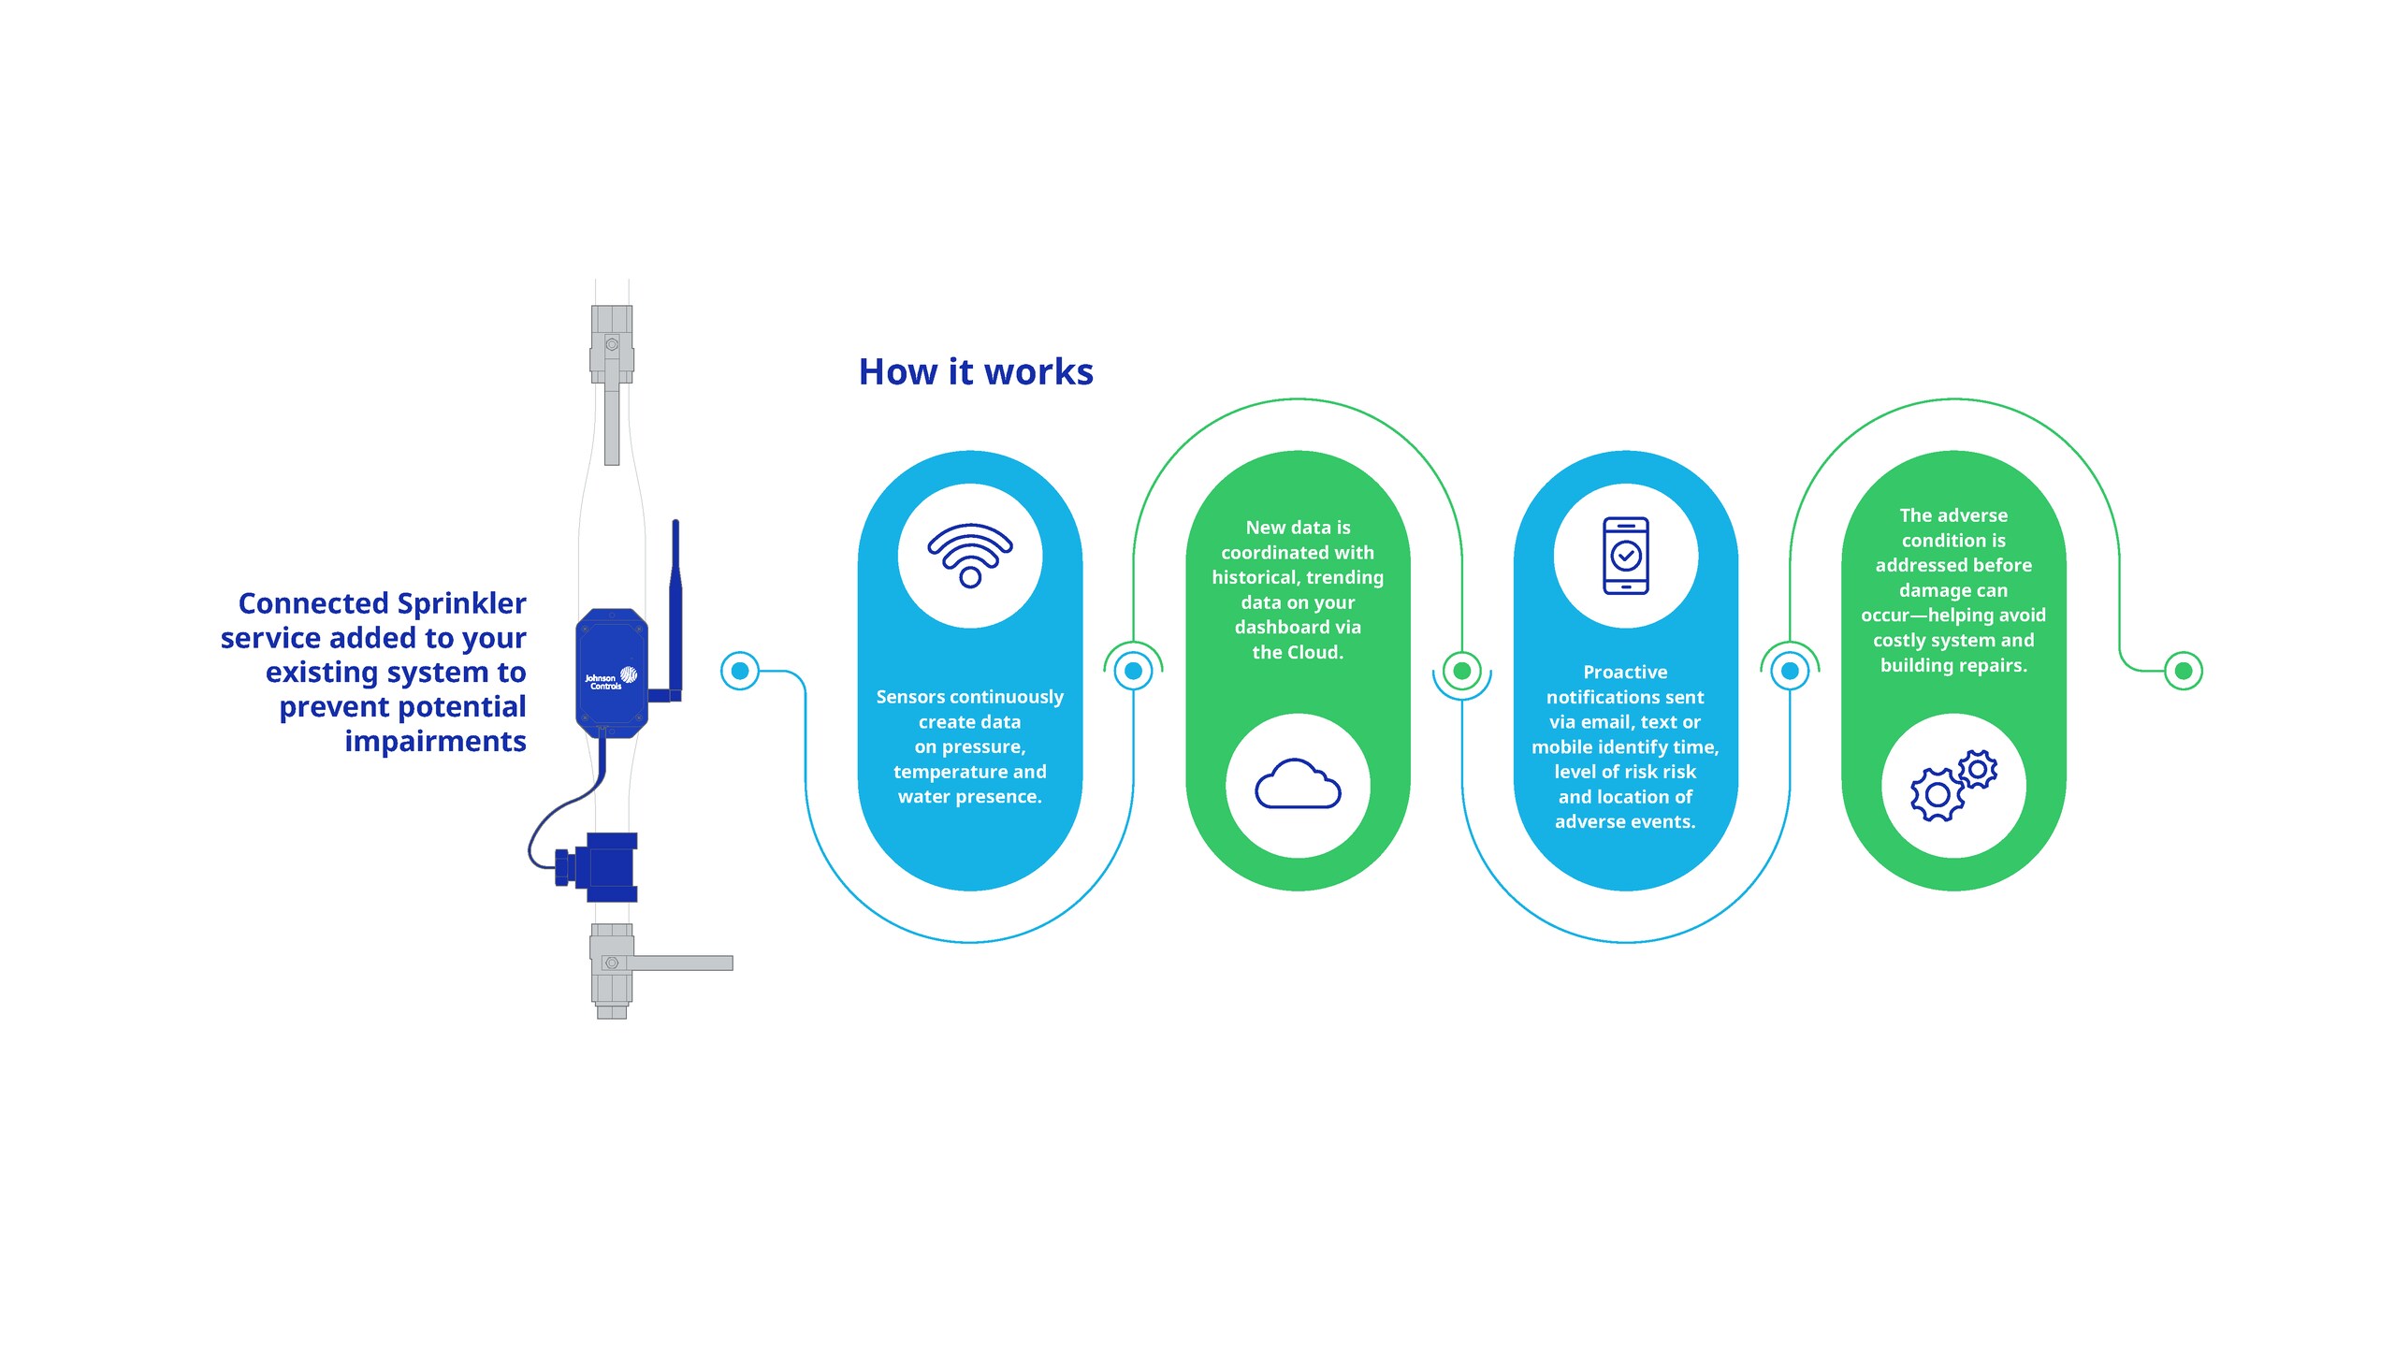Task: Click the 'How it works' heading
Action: pyautogui.click(x=976, y=372)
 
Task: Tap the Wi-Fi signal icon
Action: pyautogui.click(x=970, y=555)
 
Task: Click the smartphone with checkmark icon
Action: pyautogui.click(x=1626, y=556)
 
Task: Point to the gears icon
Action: pyautogui.click(x=1953, y=786)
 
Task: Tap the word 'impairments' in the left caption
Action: pyautogui.click(x=435, y=741)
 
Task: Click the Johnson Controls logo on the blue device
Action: pyautogui.click(x=611, y=678)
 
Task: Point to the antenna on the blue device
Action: pyautogui.click(x=675, y=599)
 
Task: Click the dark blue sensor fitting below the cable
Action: pyautogui.click(x=603, y=866)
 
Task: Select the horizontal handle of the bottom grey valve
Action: pyautogui.click(x=683, y=963)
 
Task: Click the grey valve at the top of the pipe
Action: pyautogui.click(x=612, y=344)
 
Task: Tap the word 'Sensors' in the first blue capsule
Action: pyautogui.click(x=908, y=697)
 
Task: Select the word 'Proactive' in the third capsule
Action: pyautogui.click(x=1625, y=672)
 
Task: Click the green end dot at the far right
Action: pyautogui.click(x=2184, y=671)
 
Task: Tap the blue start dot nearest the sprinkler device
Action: pyautogui.click(x=740, y=671)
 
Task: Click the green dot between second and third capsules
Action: pyautogui.click(x=1461, y=671)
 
